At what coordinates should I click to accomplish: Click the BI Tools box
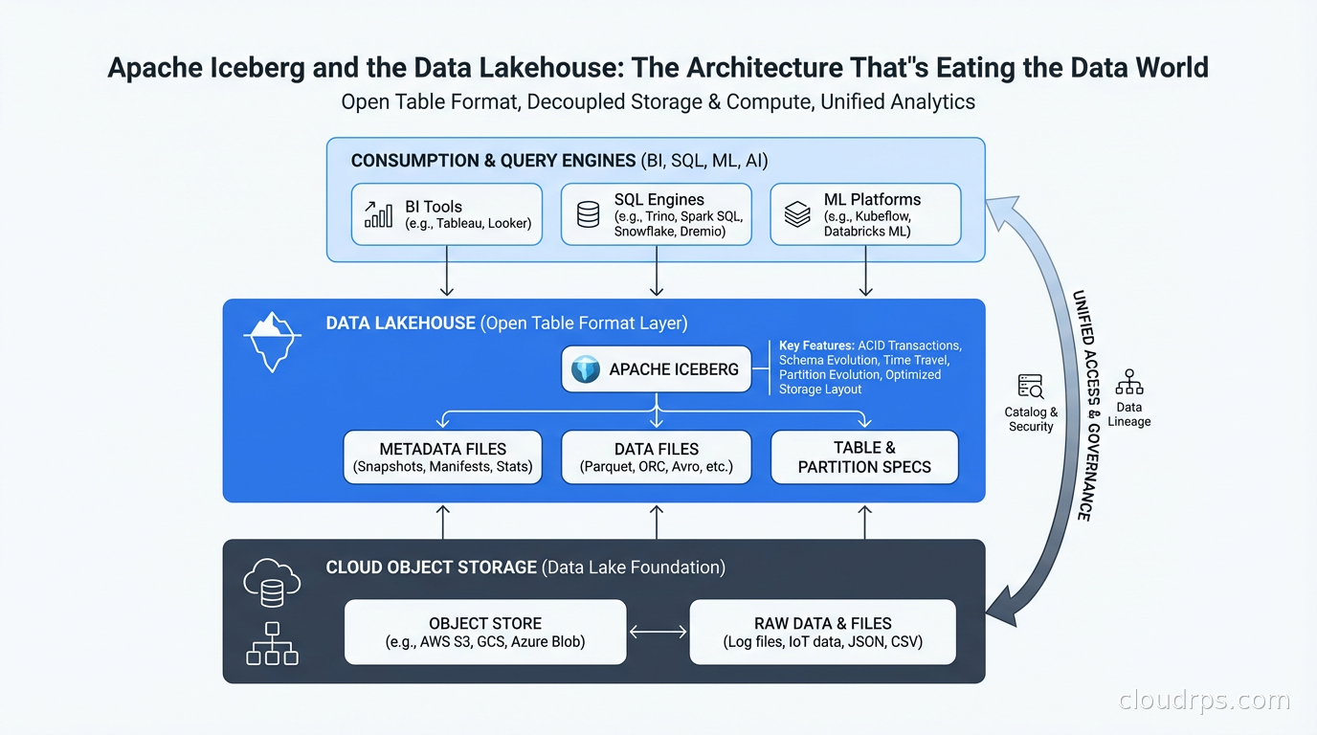pos(447,214)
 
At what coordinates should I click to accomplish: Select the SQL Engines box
pos(656,214)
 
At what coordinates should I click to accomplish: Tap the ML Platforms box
pos(865,214)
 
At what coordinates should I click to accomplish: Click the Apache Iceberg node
pos(657,369)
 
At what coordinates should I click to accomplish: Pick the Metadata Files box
pos(442,457)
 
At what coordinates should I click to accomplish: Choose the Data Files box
pos(657,457)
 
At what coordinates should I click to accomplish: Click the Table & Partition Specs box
pos(864,457)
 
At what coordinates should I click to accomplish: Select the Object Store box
pos(485,632)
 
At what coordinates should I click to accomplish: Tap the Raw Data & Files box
pos(822,632)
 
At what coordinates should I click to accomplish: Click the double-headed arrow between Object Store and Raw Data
pos(658,632)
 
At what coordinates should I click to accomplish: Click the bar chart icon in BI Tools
pos(378,214)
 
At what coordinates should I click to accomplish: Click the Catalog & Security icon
pos(1031,387)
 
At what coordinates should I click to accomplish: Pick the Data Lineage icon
pos(1129,382)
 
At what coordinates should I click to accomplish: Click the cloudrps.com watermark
pos(1204,701)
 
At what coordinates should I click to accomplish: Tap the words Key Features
pos(815,345)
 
